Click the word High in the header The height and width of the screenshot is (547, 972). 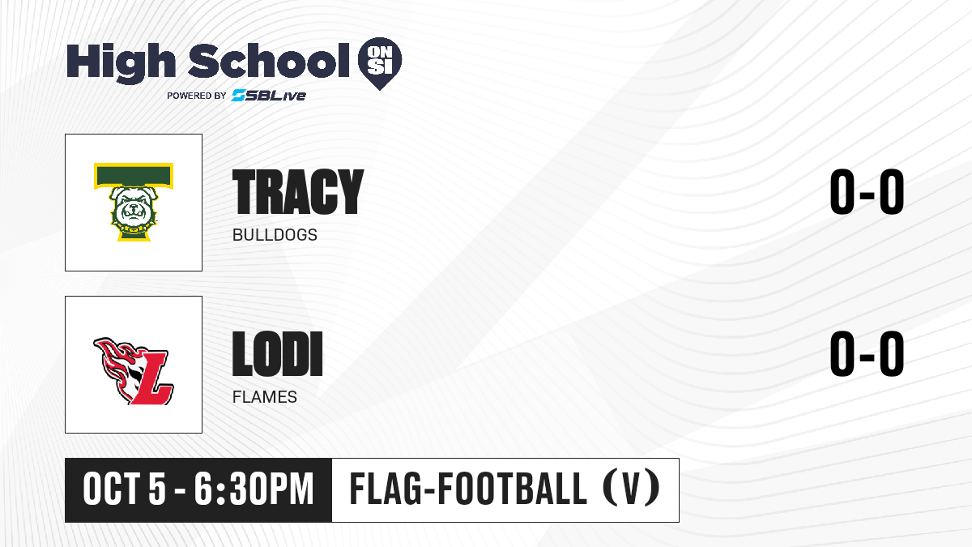point(121,62)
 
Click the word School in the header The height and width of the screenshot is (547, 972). point(269,60)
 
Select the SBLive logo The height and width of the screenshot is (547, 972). point(269,95)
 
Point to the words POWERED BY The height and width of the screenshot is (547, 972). point(197,96)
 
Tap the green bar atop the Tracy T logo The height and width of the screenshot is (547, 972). point(134,175)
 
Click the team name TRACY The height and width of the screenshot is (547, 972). point(298,192)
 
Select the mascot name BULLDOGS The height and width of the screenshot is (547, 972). point(275,235)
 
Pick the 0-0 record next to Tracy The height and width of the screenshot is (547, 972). point(867,192)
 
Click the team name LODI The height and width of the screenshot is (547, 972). point(277,354)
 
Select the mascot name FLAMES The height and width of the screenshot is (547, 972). point(265,397)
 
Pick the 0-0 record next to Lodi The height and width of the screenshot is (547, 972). point(867,354)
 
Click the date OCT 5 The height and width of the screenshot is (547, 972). point(125,489)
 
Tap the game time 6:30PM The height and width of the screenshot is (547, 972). point(254,489)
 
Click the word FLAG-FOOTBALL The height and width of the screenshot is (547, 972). point(468,489)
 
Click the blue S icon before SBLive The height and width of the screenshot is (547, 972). point(239,95)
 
